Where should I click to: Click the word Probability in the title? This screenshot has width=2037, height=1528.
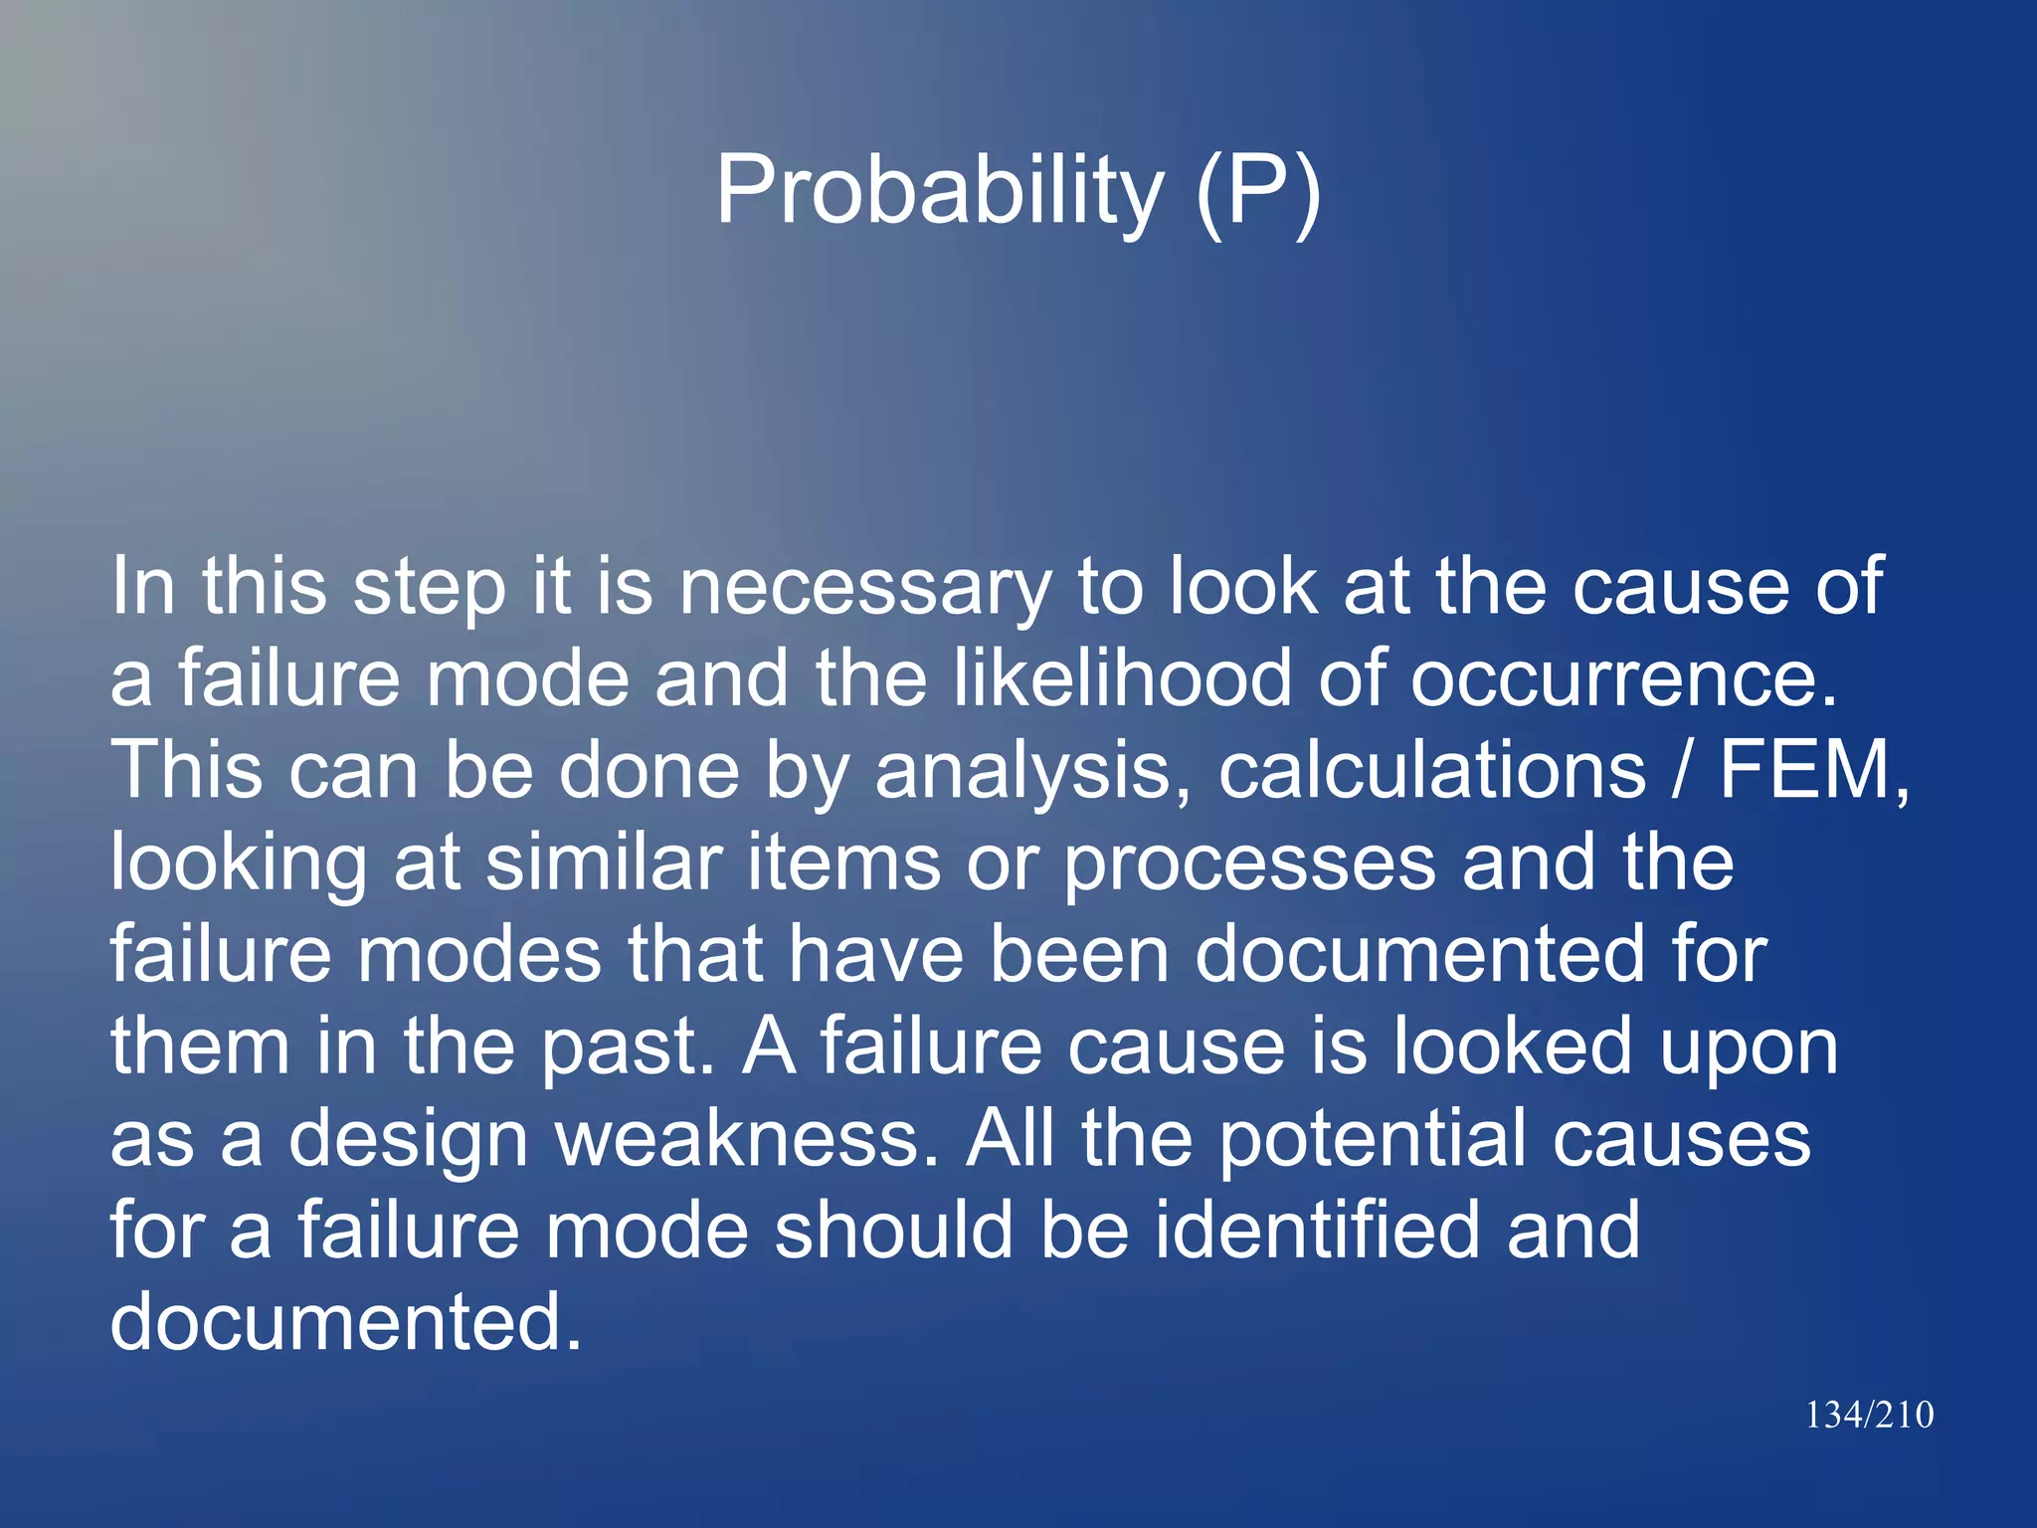(939, 191)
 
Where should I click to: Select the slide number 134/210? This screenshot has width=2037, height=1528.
(1869, 1415)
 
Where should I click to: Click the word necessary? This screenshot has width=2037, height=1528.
(864, 587)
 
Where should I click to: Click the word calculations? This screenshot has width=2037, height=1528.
(1432, 771)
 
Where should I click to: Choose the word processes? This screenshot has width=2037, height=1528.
(1249, 863)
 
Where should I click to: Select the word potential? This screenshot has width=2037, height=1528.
(1374, 1140)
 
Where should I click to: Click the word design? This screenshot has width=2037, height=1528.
(408, 1140)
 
